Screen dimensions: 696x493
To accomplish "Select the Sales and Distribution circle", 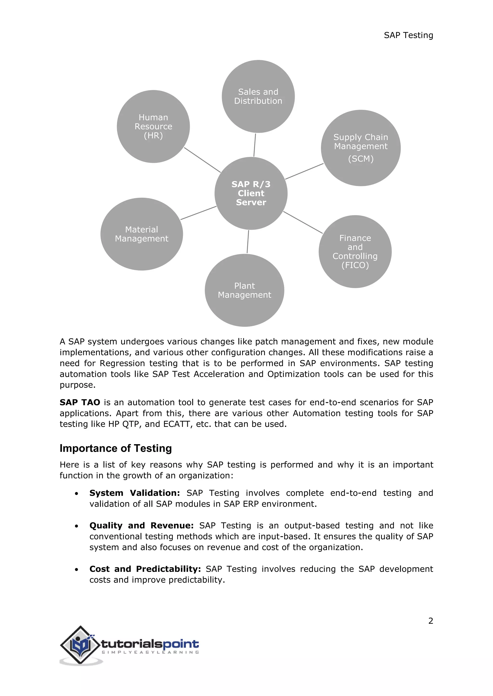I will click(258, 96).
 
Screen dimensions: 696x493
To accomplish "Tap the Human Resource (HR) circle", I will click(153, 126).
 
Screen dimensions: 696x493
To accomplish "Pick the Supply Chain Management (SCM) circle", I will click(361, 148).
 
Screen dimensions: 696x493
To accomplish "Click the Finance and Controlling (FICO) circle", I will click(355, 252).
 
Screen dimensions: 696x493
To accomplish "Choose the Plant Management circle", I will click(244, 290).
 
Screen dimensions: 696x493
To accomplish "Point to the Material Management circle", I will click(142, 234).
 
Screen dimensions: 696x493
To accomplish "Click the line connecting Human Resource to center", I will click(202, 160).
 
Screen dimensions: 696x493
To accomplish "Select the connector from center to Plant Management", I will click(248, 242).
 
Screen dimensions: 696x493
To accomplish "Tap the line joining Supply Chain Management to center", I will click(304, 171).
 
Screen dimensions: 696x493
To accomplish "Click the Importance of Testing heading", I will click(116, 448).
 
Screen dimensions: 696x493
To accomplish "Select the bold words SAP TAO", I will click(80, 402).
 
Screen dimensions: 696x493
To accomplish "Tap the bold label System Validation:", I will click(135, 493).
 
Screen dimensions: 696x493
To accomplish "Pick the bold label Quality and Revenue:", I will click(142, 525).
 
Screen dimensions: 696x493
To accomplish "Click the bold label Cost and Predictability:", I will click(145, 569).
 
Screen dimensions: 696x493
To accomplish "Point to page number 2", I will click(430, 621).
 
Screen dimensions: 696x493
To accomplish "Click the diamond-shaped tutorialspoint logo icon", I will click(80, 645).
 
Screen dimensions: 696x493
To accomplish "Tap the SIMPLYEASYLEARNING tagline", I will click(150, 652).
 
